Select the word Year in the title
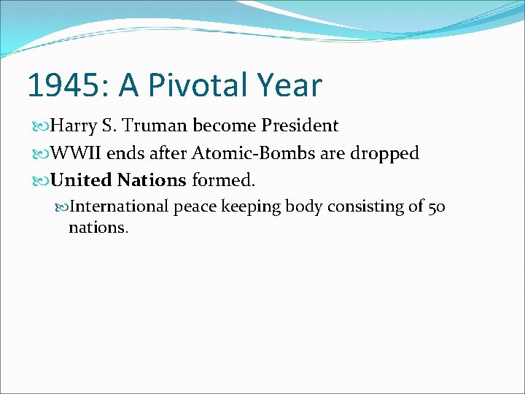click(x=290, y=85)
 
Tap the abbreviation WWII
click(x=76, y=153)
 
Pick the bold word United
click(x=80, y=179)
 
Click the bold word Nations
click(x=152, y=179)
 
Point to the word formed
click(x=223, y=179)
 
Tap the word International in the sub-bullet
click(x=120, y=206)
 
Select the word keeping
click(x=251, y=206)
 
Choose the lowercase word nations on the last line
click(x=98, y=227)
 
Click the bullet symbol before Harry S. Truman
click(x=42, y=126)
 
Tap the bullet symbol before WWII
click(x=42, y=154)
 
